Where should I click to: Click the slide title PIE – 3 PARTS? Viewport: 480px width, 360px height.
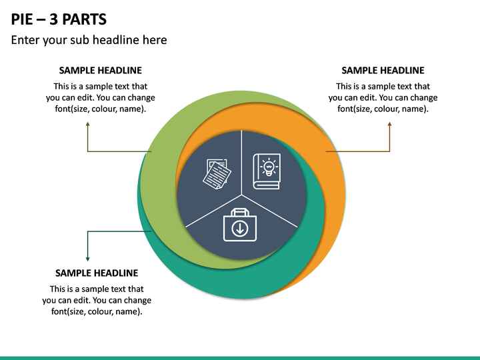click(59, 19)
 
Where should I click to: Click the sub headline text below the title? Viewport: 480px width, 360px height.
click(89, 40)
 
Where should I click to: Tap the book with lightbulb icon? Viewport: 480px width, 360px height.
click(267, 171)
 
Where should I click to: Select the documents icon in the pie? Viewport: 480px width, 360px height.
click(217, 174)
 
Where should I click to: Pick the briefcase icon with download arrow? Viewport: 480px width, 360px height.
click(240, 225)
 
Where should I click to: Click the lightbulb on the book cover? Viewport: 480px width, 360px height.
click(269, 167)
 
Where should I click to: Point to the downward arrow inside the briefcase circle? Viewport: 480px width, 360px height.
click(240, 229)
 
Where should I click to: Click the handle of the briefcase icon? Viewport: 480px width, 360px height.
click(240, 212)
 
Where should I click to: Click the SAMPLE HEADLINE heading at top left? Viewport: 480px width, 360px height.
click(101, 71)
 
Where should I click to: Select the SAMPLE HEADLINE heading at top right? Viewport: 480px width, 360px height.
click(383, 71)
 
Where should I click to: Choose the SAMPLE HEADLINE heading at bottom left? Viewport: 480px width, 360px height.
click(97, 273)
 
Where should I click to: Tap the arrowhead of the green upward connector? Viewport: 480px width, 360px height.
click(88, 124)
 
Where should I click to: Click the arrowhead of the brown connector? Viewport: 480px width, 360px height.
click(390, 124)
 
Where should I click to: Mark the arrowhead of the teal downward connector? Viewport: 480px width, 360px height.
click(88, 259)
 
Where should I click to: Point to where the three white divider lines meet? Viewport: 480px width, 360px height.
click(241, 195)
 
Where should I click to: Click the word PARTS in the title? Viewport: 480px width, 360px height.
click(85, 19)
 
